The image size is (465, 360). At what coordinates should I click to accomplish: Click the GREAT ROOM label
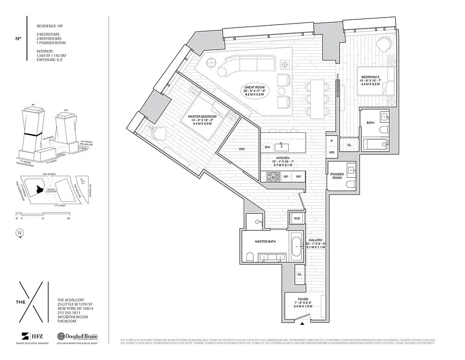255,87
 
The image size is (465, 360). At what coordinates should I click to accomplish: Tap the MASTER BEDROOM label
202,117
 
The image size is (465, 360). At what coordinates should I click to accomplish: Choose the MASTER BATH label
265,242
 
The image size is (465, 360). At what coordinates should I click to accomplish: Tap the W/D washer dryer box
297,218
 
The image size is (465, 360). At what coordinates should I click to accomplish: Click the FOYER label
303,298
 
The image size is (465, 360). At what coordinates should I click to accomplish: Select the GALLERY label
316,240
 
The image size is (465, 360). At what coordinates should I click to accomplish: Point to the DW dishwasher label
268,147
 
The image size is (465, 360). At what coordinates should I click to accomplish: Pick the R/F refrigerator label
299,177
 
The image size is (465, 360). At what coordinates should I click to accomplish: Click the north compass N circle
19,233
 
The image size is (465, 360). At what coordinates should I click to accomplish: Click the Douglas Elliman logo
77,336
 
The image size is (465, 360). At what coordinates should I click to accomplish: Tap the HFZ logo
31,336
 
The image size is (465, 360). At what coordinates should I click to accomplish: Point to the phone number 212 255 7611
69,313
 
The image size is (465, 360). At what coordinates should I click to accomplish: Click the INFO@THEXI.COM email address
72,317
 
